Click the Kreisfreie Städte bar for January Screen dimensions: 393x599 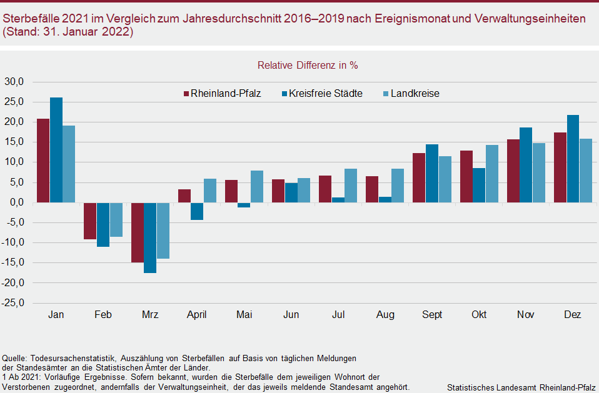point(56,150)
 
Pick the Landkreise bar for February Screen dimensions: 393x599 point(116,219)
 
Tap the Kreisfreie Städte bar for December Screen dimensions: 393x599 point(573,159)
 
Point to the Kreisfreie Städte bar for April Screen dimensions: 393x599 point(197,211)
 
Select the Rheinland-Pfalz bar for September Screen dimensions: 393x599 point(419,177)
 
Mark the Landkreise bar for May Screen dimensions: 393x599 point(256,186)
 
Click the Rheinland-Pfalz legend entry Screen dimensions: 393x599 point(221,94)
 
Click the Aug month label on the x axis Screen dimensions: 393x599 point(385,315)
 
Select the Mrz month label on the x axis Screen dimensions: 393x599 point(150,315)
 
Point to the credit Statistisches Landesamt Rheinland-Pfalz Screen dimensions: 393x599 point(521,387)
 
